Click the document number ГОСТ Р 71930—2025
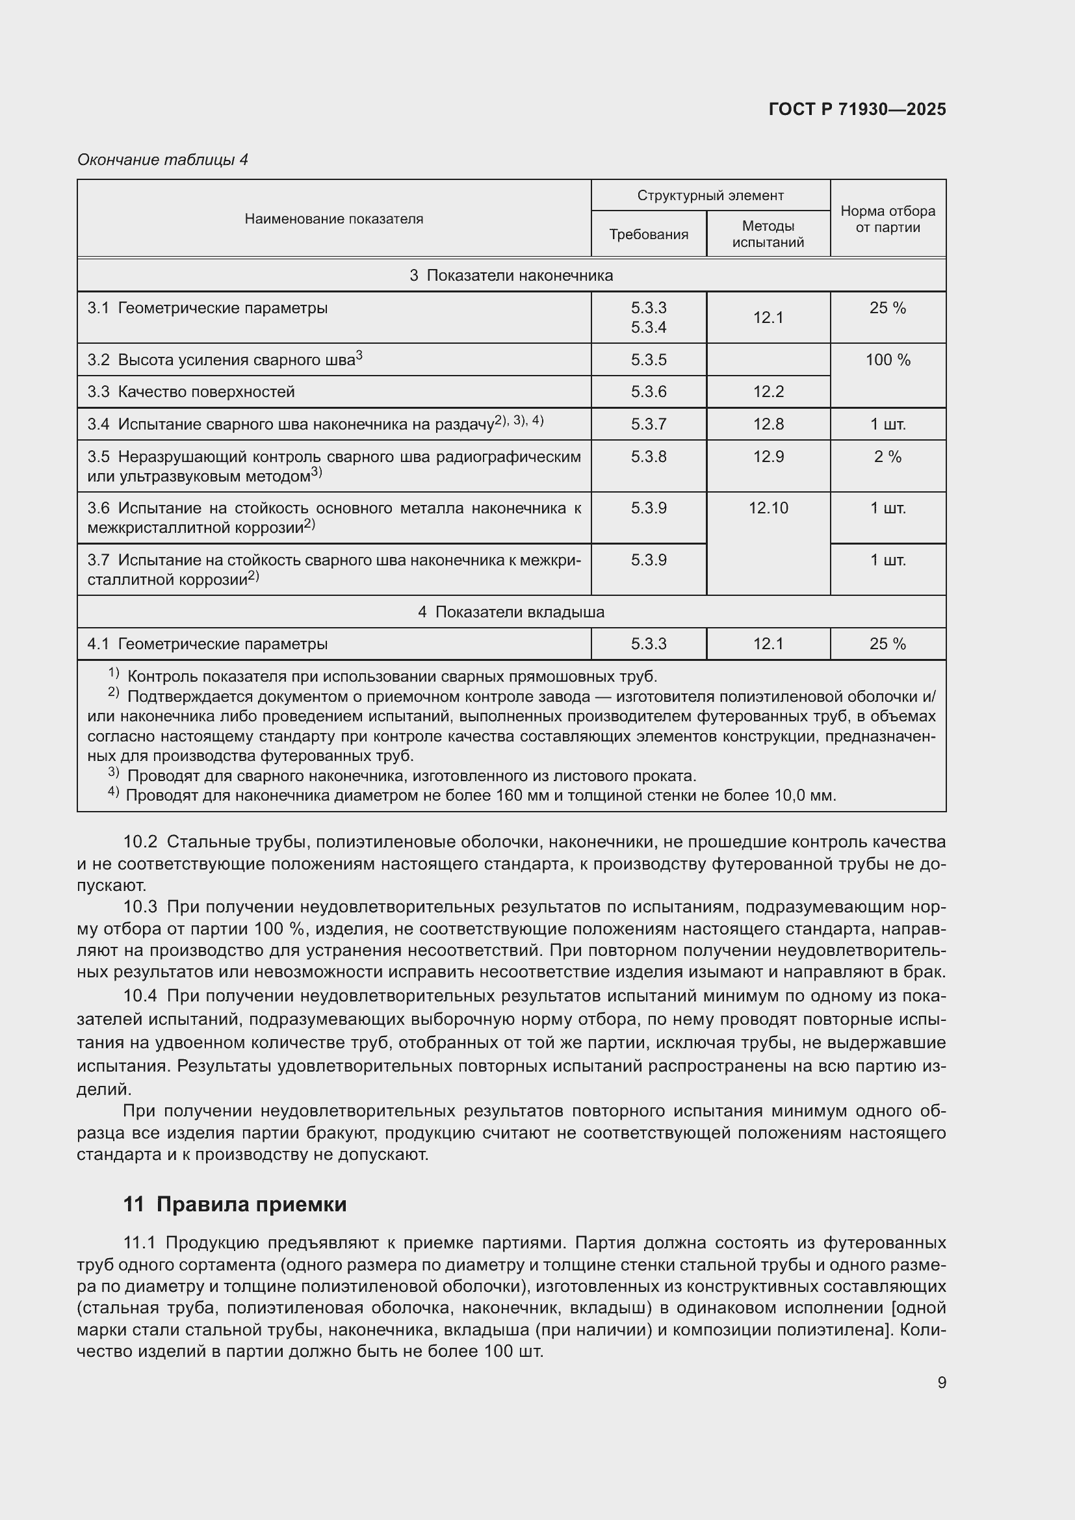[x=857, y=109]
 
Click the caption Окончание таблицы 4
[x=162, y=160]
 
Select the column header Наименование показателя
[x=333, y=219]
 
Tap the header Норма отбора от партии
[x=888, y=219]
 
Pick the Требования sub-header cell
[x=649, y=235]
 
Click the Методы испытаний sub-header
[x=768, y=235]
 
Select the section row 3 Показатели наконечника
[x=511, y=276]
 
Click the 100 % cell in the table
[x=888, y=360]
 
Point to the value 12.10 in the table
[x=768, y=508]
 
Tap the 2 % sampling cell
[x=888, y=457]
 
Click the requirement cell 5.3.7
[x=649, y=424]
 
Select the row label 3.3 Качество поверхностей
[x=191, y=392]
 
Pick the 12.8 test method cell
[x=768, y=424]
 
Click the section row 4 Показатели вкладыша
[x=511, y=612]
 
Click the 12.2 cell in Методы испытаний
[x=768, y=392]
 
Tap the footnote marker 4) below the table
[x=113, y=792]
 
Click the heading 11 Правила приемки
[x=235, y=1204]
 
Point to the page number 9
[x=941, y=1382]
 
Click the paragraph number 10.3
[x=140, y=907]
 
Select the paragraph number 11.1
[x=139, y=1243]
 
